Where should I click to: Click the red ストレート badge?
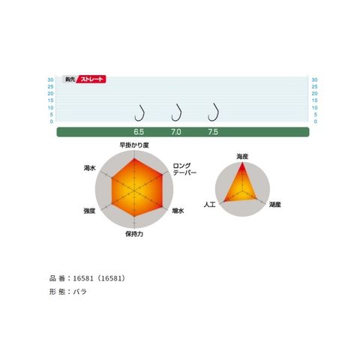click(91, 79)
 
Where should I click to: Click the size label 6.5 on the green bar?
click(139, 132)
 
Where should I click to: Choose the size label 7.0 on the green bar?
click(176, 132)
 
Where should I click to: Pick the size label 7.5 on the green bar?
click(213, 132)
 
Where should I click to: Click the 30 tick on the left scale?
click(51, 79)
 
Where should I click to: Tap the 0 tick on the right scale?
click(316, 121)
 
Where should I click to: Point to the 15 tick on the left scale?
click(51, 100)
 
